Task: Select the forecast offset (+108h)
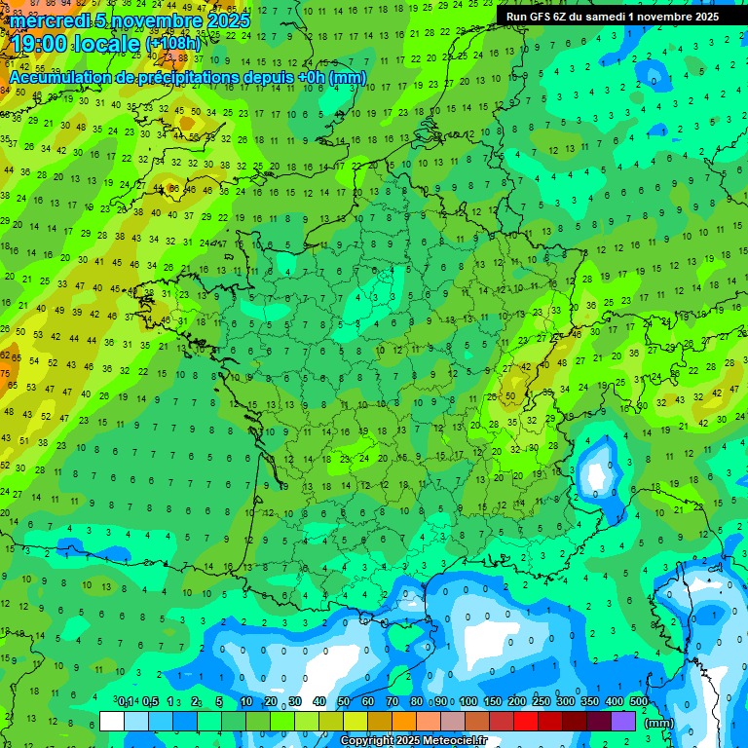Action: [173, 44]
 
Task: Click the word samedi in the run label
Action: [604, 17]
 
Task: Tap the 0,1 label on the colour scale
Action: [126, 702]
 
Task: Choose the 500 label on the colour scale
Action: [639, 702]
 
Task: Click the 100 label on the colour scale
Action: [468, 702]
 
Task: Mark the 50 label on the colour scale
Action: [344, 702]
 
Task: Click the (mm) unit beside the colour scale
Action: [659, 723]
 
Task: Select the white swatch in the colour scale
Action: [112, 721]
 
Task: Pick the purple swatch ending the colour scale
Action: [623, 721]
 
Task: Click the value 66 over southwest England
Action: [173, 189]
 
